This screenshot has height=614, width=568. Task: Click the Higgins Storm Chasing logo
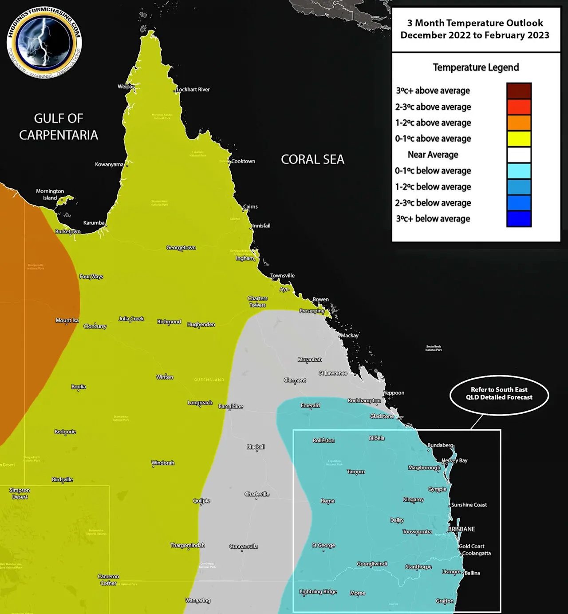point(44,42)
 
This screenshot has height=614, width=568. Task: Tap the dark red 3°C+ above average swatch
point(519,91)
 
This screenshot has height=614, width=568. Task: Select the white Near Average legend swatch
point(519,154)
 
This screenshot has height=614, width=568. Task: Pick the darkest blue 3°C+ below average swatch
point(519,219)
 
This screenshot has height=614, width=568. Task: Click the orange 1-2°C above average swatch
point(519,123)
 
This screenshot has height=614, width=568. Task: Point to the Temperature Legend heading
point(476,67)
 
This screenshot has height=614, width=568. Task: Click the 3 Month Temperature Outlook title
point(475,29)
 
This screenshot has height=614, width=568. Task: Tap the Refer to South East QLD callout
point(499,394)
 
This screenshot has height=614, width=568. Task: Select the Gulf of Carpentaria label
point(59,127)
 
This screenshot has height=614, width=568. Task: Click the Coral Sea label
point(312,160)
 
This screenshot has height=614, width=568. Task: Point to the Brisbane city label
point(461,529)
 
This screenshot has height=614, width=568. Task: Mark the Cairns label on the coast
point(250,206)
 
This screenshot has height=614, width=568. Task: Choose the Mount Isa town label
point(67,321)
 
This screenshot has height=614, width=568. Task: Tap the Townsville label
point(283,276)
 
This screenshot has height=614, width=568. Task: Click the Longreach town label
point(200,403)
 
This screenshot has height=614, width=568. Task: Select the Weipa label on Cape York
point(126,87)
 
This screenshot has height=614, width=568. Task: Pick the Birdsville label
point(62,479)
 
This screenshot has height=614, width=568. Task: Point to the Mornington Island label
point(50,194)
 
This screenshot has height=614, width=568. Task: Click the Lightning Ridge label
point(318,591)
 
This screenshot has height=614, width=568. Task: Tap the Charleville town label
point(257,494)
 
